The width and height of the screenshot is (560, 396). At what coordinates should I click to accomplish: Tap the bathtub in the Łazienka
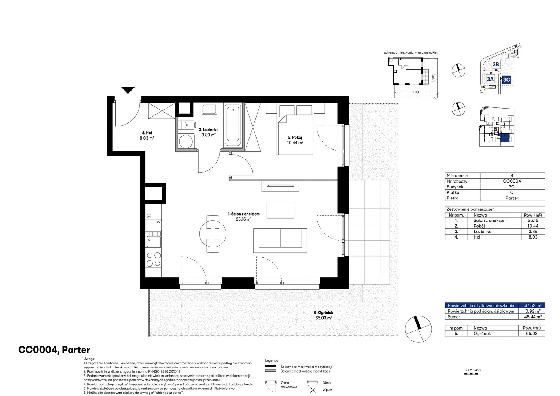coord(233,126)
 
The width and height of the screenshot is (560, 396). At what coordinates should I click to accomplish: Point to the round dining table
coord(213,234)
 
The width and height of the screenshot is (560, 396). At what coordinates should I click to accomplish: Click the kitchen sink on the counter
coord(154,241)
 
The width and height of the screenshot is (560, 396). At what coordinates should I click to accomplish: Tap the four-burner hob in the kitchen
coord(154,259)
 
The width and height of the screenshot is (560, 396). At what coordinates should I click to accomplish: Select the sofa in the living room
coord(280,241)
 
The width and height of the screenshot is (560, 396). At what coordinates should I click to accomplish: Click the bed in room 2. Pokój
coord(295,135)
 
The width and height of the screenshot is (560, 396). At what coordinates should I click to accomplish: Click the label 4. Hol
coord(147,133)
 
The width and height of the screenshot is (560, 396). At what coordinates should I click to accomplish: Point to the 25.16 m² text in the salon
coord(243,219)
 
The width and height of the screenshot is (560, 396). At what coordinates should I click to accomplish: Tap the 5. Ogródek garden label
coord(324,313)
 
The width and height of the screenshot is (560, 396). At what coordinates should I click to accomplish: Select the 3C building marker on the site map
coord(506,80)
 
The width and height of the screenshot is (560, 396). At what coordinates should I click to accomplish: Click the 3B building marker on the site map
coord(496,65)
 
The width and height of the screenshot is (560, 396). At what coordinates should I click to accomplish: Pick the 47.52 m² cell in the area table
coord(533,305)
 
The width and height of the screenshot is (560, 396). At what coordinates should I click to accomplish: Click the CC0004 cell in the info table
coord(512,181)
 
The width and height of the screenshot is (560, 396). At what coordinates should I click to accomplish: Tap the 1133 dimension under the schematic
coord(416,92)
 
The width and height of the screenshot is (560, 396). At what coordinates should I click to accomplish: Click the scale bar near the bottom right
coord(471,374)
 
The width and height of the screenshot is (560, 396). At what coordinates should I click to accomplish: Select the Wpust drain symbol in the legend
coord(313,390)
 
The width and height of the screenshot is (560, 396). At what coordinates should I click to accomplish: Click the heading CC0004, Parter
coord(54,349)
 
